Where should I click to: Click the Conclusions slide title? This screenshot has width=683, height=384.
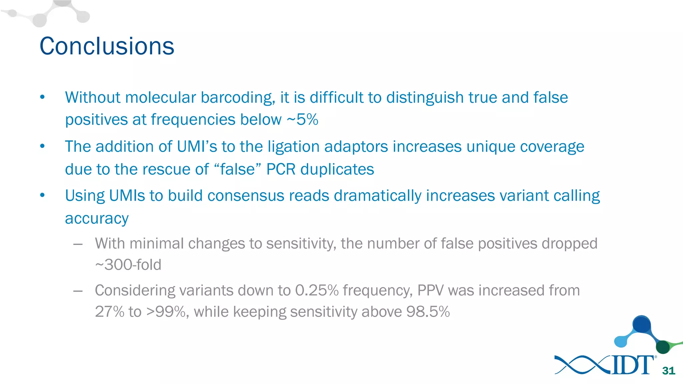[107, 46]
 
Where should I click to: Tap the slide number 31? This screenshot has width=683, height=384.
[668, 371]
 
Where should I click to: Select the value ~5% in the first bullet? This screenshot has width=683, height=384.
[302, 119]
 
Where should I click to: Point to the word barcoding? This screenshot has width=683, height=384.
[237, 98]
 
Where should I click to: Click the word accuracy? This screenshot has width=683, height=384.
[97, 218]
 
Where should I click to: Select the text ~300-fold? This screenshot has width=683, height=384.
[128, 265]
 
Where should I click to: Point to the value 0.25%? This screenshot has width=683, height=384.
[317, 290]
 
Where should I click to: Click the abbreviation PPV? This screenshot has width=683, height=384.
[431, 290]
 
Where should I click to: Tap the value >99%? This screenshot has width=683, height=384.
[166, 312]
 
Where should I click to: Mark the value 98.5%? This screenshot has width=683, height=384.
[428, 312]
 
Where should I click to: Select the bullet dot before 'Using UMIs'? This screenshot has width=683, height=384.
[42, 195]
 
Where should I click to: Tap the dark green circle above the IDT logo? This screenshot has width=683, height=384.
[663, 347]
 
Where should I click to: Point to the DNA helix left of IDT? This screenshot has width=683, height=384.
[582, 365]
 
